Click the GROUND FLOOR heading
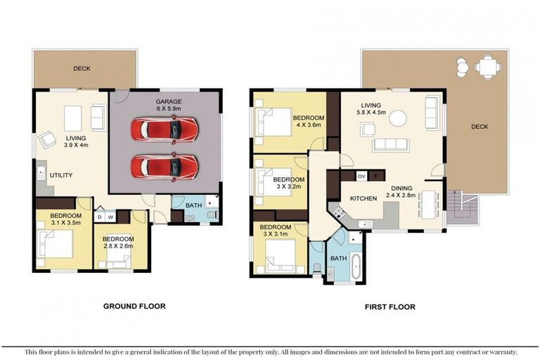pyautogui.click(x=134, y=306)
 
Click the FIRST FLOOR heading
pyautogui.click(x=389, y=307)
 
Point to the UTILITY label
pyautogui.click(x=60, y=175)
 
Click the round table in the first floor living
pyautogui.click(x=398, y=118)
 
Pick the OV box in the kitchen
pyautogui.click(x=361, y=176)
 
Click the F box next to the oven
pyautogui.click(x=376, y=176)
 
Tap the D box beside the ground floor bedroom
pyautogui.click(x=100, y=217)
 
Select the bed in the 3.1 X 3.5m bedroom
pyautogui.click(x=55, y=245)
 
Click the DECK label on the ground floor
pyautogui.click(x=82, y=69)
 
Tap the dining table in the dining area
pyautogui.click(x=427, y=204)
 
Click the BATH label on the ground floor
pyautogui.click(x=192, y=205)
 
